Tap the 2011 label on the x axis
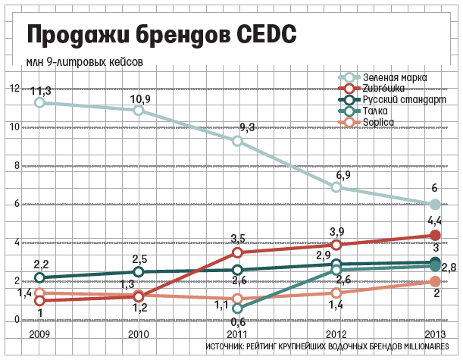tap(237, 333)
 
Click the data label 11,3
tap(40, 91)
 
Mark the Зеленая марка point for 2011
tap(237, 141)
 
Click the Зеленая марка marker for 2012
tap(336, 187)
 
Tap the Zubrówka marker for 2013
tap(435, 235)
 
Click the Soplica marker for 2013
tap(435, 281)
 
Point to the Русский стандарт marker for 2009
tap(39, 278)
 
